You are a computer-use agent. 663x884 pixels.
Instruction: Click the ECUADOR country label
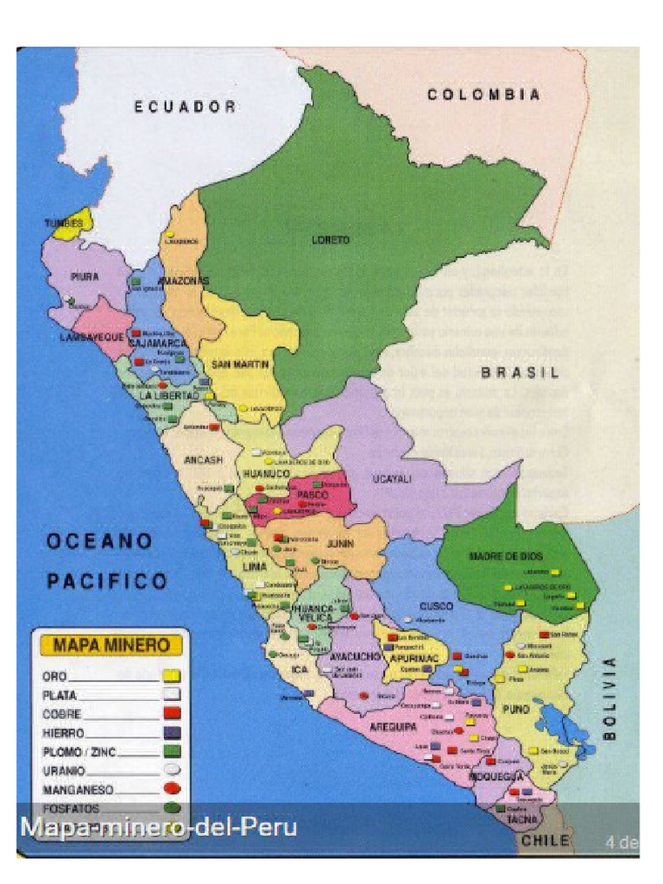[185, 107]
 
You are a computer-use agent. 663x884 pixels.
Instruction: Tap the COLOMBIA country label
[484, 95]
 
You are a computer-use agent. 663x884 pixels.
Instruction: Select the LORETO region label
[331, 240]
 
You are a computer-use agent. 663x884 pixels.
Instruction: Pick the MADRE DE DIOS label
[506, 557]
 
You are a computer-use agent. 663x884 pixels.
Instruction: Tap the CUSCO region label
[436, 606]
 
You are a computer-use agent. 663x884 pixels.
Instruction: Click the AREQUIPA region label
[394, 728]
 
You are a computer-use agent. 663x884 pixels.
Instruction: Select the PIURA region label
[84, 276]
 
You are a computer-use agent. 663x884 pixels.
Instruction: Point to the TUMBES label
[65, 224]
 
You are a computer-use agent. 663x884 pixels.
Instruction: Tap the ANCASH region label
[203, 459]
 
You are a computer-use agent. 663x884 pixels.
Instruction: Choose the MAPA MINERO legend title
[111, 645]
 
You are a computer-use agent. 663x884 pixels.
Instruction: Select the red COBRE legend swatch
[171, 713]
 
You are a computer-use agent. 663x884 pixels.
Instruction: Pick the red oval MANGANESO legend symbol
[171, 788]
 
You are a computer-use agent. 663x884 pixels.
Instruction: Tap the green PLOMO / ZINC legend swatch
[171, 751]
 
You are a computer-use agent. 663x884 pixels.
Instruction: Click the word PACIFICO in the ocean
[106, 582]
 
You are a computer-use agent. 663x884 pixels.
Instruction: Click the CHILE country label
[545, 840]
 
